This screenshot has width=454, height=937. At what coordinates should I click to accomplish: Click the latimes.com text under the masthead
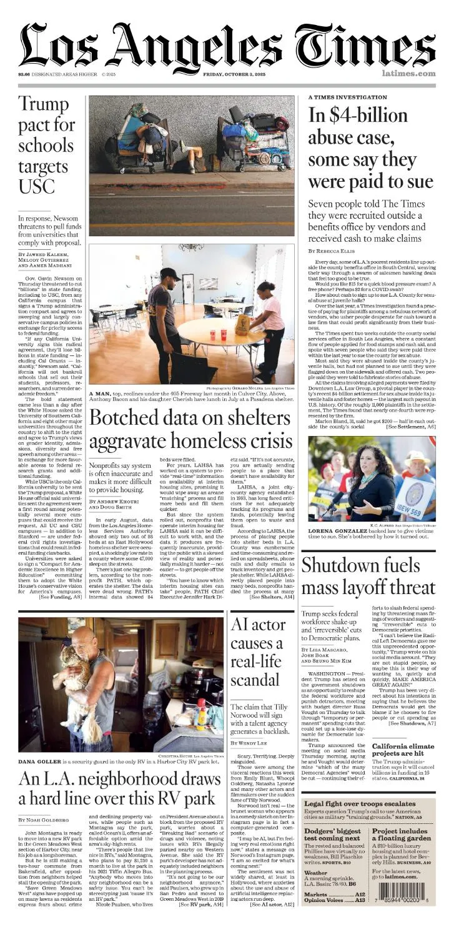click(408, 74)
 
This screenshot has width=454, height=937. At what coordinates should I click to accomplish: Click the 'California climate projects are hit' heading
click(403, 750)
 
